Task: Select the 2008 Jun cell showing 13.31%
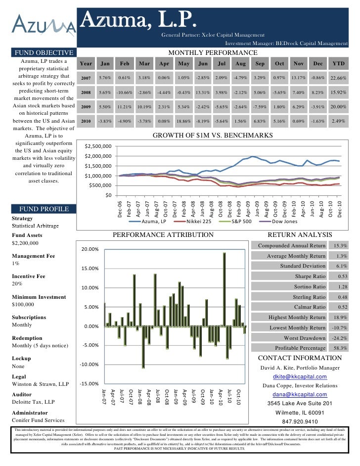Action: click(x=203, y=93)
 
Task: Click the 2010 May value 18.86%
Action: click(x=184, y=121)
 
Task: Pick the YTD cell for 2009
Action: click(x=338, y=107)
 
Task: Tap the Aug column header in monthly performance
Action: click(x=241, y=64)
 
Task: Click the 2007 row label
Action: click(x=86, y=78)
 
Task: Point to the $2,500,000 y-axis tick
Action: click(x=98, y=146)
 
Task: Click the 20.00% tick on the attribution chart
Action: click(x=90, y=249)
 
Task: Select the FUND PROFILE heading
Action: click(x=45, y=209)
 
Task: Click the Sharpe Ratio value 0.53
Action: click(x=342, y=277)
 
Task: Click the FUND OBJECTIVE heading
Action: click(x=45, y=53)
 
